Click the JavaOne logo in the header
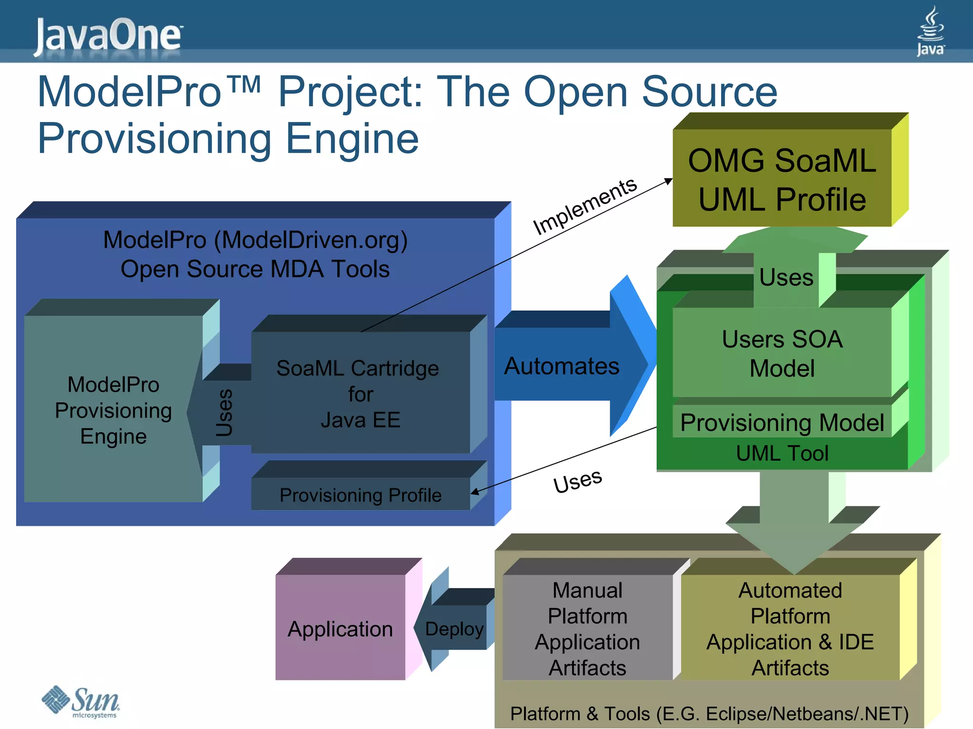pos(108,35)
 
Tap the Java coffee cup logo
pos(930,31)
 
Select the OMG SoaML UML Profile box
pos(782,178)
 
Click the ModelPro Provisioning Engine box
pos(113,410)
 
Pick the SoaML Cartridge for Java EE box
pos(360,393)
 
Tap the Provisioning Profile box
pos(360,495)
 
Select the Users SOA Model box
pos(782,353)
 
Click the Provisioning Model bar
pos(782,422)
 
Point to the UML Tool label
pos(782,453)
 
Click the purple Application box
pos(340,628)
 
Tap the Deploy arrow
pos(454,628)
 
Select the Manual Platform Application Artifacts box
pos(587,628)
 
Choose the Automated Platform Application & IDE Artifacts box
pos(790,628)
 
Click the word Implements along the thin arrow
pos(584,206)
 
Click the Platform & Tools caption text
pos(709,713)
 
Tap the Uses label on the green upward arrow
pos(786,277)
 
